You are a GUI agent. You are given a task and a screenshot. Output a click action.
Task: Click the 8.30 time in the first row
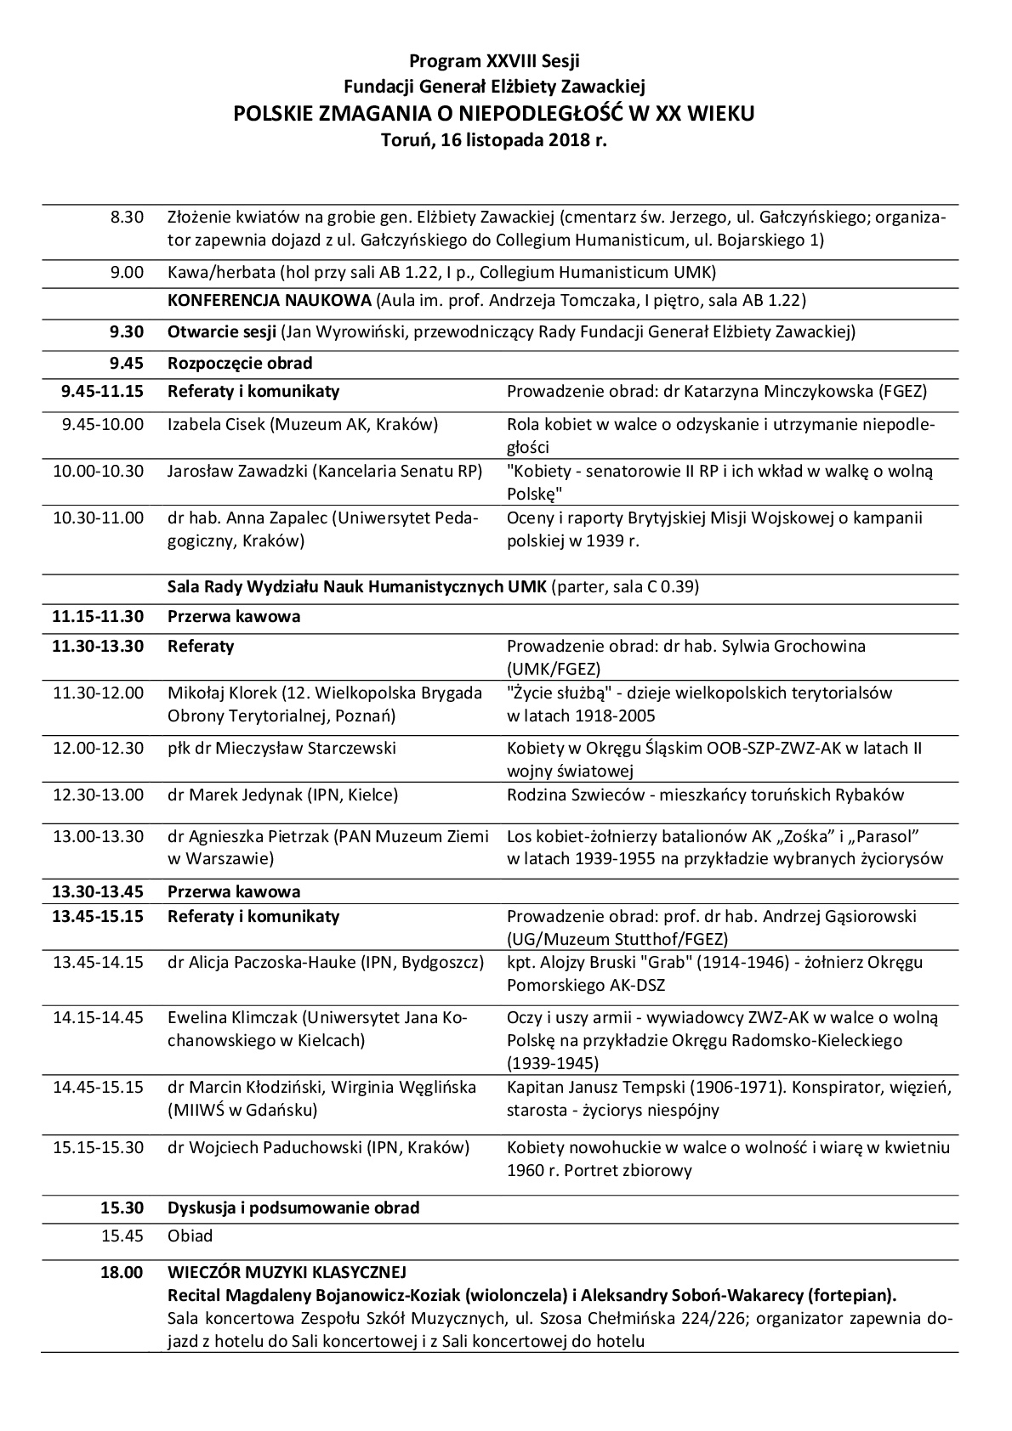(x=127, y=217)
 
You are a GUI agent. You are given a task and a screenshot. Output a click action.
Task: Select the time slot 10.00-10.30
(x=99, y=471)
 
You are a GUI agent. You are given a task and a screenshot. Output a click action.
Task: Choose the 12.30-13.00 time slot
(x=99, y=795)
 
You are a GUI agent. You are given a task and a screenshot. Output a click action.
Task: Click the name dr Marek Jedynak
(x=224, y=795)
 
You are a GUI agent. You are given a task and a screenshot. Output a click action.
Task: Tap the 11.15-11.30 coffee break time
(x=99, y=617)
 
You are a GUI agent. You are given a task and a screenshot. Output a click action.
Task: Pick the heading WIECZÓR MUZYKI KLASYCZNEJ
(x=287, y=1272)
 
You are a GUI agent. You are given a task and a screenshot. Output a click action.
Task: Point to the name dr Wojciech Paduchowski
(x=266, y=1148)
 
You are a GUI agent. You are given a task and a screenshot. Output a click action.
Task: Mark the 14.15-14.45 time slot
(x=99, y=1017)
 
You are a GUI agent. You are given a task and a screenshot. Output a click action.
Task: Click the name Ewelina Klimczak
(x=233, y=1017)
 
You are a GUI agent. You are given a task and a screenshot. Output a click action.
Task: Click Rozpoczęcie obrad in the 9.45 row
(x=240, y=364)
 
